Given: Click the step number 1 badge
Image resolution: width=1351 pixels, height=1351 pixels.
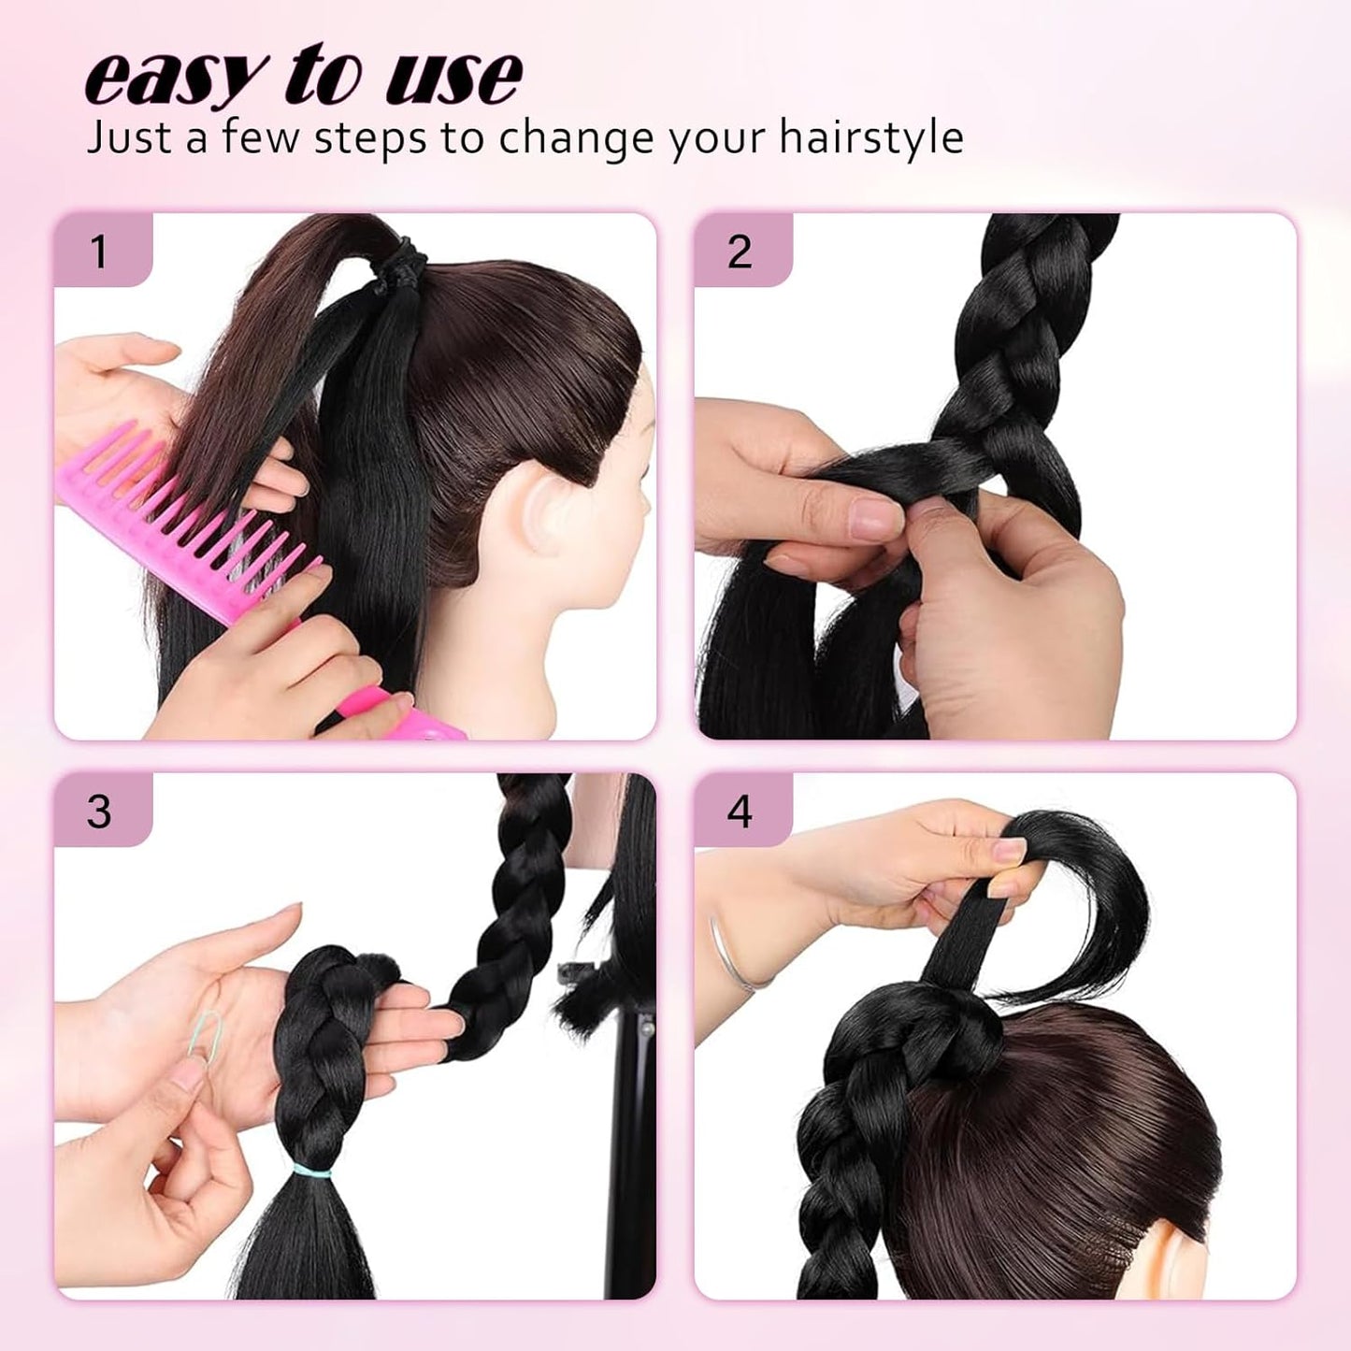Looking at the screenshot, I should point(100,252).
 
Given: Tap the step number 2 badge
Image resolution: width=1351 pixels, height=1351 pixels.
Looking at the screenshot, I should point(740,252).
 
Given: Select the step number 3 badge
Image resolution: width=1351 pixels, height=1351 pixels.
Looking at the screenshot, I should point(100,811).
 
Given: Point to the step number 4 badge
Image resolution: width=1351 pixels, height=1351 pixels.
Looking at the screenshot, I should point(740,811).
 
